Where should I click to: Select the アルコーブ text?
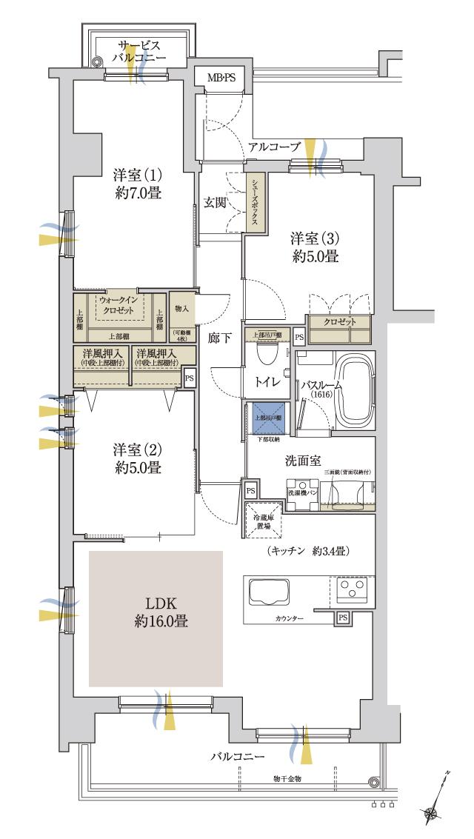coord(274,147)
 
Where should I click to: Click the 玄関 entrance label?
coord(216,204)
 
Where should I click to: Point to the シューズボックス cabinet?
coord(255,203)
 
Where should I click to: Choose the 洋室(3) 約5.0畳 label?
coord(314,248)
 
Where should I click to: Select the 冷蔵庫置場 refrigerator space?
coord(264,523)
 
